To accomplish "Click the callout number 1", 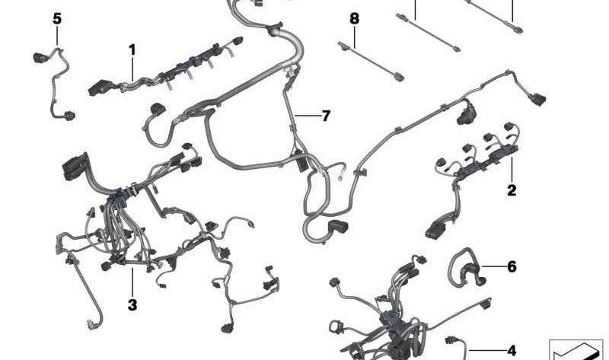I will pos(132,50).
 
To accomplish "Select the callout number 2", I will pos(512,190).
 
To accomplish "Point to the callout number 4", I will pos(512,350).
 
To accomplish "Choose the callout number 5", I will pos(57,18).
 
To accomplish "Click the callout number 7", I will pos(326,116).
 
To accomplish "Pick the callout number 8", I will pos(353,18).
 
